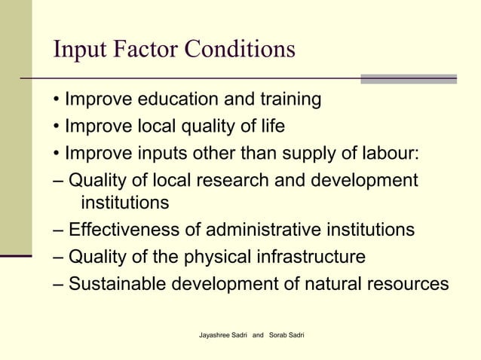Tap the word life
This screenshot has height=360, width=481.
click(269, 126)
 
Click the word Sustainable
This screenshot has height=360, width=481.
click(117, 285)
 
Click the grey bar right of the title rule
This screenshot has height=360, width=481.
click(408, 78)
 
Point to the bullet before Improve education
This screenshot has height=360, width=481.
click(57, 100)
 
